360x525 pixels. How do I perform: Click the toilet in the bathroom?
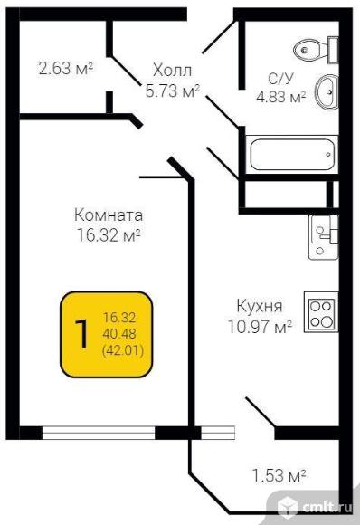[x=316, y=50]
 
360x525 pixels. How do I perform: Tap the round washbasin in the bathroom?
[x=327, y=91]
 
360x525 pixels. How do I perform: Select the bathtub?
[x=292, y=155]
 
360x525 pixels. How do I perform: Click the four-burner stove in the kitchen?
[x=321, y=312]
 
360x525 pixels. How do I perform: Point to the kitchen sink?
[x=324, y=237]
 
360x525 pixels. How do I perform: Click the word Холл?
[x=172, y=71]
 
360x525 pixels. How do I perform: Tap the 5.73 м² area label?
[x=173, y=91]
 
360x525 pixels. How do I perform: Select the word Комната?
[x=109, y=215]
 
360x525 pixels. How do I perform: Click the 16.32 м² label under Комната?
[x=109, y=235]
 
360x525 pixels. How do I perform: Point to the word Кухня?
[x=260, y=306]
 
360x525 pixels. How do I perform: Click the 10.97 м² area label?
[x=261, y=327]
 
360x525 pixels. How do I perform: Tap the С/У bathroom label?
[x=281, y=79]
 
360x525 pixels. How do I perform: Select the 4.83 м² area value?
[x=281, y=97]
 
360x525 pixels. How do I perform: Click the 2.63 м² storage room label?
[x=66, y=68]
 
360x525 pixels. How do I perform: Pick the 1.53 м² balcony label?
[x=279, y=475]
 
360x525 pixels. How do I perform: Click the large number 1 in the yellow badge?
[x=81, y=334]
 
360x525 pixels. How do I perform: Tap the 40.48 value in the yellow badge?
[x=119, y=334]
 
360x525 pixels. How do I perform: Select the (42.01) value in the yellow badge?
[x=123, y=350]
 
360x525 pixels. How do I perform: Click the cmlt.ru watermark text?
[x=327, y=508]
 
